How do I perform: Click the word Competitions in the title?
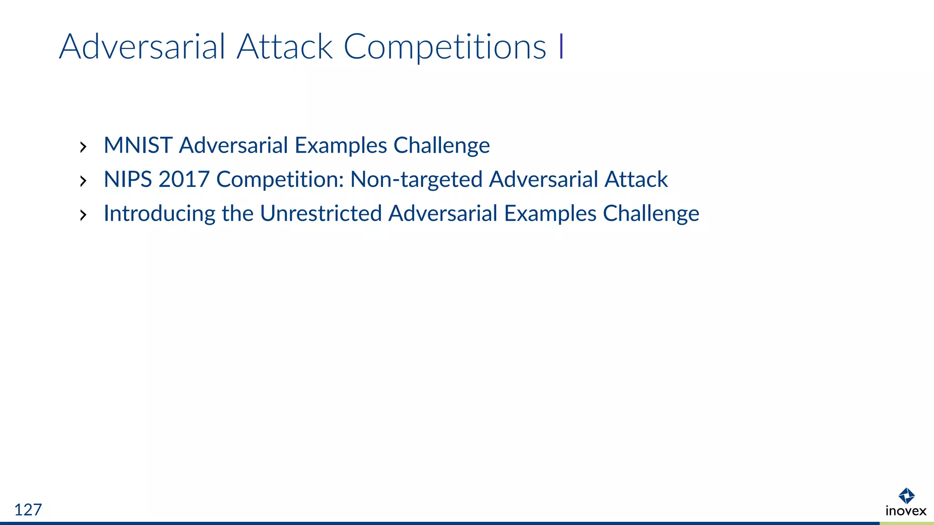pos(444,47)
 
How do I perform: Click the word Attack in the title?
pos(285,46)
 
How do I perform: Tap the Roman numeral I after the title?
pos(561,46)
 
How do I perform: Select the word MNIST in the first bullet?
pos(138,145)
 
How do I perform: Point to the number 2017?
pos(184,179)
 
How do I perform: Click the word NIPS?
pos(127,179)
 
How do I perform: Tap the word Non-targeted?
pos(416,180)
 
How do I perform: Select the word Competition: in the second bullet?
pos(280,180)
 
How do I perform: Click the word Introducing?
pos(159,214)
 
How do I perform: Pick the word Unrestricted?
pos(321,213)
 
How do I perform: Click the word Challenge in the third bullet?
pos(651,214)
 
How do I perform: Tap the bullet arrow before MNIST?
pos(83,147)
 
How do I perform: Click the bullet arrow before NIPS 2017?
pos(83,181)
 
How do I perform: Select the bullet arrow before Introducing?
pos(83,215)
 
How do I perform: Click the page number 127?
pos(28,510)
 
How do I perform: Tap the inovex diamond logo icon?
pos(906,495)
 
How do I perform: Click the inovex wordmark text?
pos(906,511)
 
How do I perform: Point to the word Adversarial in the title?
pos(142,46)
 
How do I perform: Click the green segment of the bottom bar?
pos(907,523)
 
